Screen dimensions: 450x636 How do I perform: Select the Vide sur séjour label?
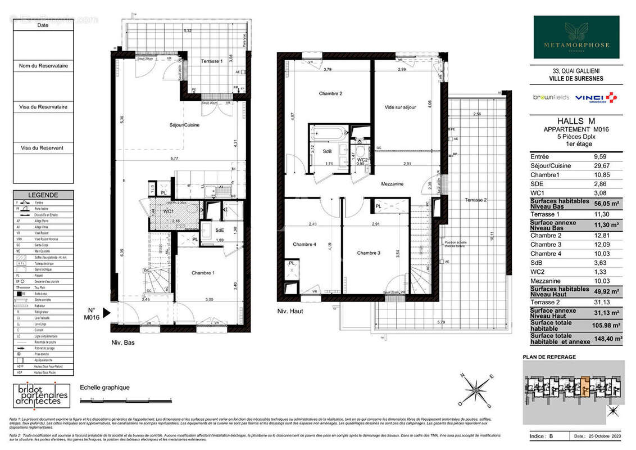pos(400,107)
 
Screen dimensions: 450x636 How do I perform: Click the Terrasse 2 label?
pos(476,200)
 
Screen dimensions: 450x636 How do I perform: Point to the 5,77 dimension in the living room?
pos(181,159)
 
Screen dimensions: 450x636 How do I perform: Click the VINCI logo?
pos(597,98)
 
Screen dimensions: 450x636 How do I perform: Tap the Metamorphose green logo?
pos(576,37)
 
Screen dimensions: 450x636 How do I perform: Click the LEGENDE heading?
pos(43,195)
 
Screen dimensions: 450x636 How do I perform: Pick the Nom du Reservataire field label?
pos(43,66)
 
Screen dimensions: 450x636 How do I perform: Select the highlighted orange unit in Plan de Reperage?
pos(585,388)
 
